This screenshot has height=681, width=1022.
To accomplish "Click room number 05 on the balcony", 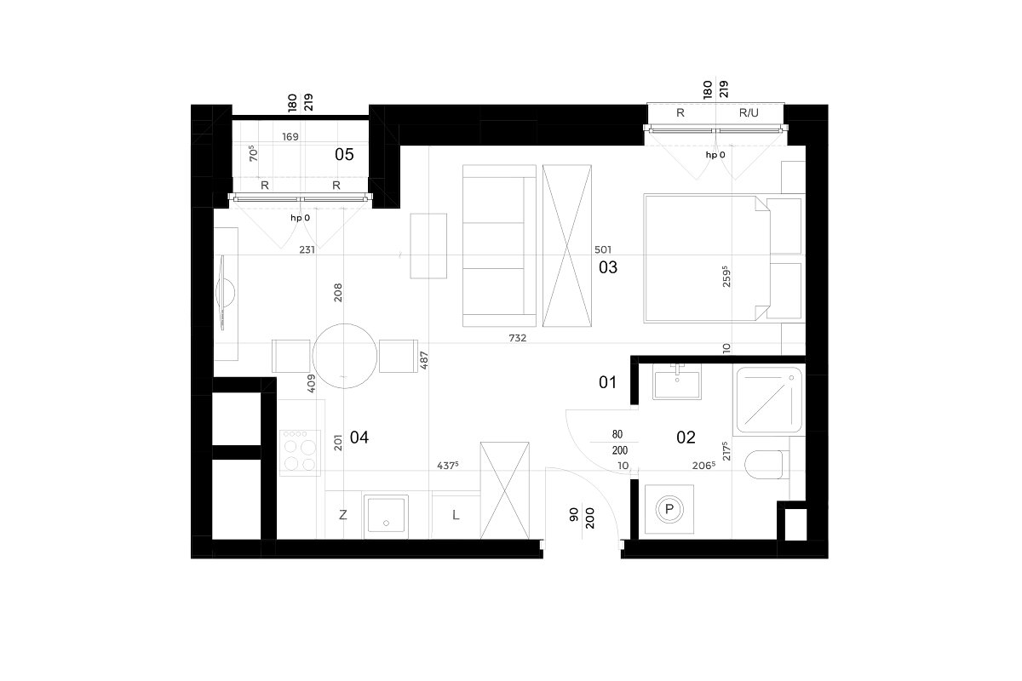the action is point(344,155).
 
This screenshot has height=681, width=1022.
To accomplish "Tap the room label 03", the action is point(608,267).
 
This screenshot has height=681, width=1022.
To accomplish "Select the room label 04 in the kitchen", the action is point(359,438).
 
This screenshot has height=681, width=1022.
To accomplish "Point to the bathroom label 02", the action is point(686,438).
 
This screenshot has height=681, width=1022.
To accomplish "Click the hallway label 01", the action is point(607,382).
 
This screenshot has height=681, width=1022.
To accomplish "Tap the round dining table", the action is point(344,356).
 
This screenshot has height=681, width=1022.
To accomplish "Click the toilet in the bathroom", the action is point(767,465).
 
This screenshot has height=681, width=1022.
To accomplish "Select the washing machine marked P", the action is point(669,509).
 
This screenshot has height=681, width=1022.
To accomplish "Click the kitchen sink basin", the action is point(386,515).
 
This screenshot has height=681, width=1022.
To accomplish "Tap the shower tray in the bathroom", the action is point(769,400).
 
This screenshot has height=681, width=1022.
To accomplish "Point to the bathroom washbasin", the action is point(677,382).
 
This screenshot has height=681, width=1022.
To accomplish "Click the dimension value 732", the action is point(518,338).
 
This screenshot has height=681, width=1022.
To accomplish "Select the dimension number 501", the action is point(603,249).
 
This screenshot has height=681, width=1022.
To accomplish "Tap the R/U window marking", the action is point(749,112).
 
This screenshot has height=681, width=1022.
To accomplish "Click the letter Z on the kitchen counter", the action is point(343,515).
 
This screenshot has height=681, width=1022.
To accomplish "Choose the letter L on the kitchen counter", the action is point(456,515).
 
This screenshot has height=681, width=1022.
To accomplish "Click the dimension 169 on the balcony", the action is point(290,137).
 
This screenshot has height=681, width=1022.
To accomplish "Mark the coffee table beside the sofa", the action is point(428,246).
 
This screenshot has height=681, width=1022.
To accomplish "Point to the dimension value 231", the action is point(307,249).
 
